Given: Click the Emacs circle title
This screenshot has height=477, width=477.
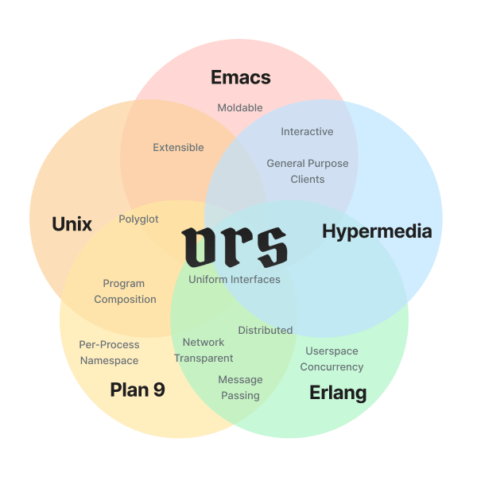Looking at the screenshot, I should point(240,78).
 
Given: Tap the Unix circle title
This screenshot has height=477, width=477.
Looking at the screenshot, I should point(72,224).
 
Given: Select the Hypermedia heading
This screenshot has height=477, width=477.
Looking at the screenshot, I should point(377,231).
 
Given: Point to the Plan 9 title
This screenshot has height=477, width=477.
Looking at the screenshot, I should point(138,390).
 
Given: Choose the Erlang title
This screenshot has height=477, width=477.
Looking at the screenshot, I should point(338,393).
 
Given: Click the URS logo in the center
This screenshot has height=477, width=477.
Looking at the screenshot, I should point(235,247).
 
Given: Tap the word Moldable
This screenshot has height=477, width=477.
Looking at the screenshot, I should point(240,107).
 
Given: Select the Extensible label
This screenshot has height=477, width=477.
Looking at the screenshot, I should point(178,147).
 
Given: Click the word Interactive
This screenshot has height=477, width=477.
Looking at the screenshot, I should point(307,131).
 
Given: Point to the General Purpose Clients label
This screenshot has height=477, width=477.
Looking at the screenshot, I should point(308,171).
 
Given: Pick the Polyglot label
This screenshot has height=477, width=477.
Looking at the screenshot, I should point(138,219).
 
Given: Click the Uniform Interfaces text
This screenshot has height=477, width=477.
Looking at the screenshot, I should point(235,279).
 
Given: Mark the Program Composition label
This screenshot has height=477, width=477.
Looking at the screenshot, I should point(125,291).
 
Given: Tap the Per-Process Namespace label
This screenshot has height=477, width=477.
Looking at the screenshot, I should point(109,352).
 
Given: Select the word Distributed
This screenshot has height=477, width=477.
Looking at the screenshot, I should point(266,330).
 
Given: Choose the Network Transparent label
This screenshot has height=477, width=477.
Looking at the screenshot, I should point(204,350).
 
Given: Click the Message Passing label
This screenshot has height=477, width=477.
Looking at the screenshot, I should point(240,387).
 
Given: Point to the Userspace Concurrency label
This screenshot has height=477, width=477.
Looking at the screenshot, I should point(332,359).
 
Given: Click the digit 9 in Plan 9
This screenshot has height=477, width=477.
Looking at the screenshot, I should point(158,390).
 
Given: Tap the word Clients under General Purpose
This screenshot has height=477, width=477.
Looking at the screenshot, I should point(308,179).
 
